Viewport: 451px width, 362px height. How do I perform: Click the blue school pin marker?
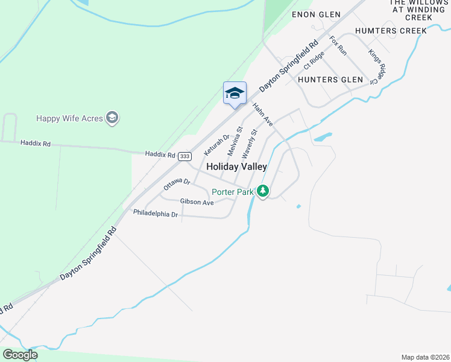[235, 94]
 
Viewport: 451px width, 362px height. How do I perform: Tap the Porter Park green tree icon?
[262, 191]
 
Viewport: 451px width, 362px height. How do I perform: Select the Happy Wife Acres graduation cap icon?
[112, 118]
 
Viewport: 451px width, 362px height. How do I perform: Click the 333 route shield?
[185, 156]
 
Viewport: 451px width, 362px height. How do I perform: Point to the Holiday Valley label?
[236, 167]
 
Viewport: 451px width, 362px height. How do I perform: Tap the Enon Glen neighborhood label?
[316, 14]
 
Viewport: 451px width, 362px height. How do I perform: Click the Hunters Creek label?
[391, 31]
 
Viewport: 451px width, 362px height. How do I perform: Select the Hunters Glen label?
[330, 80]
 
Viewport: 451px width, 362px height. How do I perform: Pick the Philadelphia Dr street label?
[156, 214]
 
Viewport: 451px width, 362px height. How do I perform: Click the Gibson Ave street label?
[197, 202]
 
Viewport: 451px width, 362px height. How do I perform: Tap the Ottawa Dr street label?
[177, 185]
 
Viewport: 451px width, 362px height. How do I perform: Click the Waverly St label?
[250, 142]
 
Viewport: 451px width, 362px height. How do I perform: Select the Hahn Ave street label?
[263, 115]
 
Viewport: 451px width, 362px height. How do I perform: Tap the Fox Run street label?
[338, 46]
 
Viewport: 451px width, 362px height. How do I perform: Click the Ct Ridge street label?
[314, 60]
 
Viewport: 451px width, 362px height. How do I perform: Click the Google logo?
[20, 355]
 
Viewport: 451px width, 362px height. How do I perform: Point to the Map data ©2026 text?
[425, 357]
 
